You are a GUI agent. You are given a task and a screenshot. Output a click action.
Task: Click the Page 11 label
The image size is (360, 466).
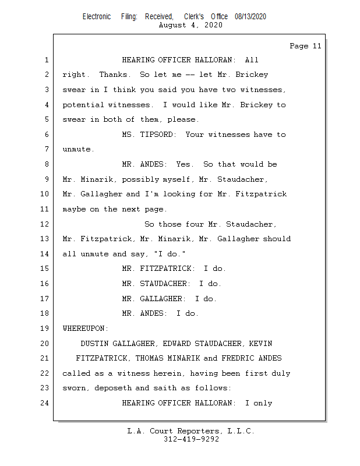pos(305,46)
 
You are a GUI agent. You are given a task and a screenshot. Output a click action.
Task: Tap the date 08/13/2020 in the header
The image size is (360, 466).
pos(250,17)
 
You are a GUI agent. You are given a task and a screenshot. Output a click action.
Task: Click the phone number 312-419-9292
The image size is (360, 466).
pos(191,439)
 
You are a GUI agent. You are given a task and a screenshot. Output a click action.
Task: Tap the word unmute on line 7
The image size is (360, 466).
pos(77,150)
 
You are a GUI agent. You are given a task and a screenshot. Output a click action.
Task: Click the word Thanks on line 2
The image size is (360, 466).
pos(113,75)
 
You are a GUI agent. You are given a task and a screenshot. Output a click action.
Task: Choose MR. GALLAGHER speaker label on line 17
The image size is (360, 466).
pos(154,299)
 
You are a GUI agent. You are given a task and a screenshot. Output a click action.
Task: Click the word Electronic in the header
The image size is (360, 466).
pos(96,17)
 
